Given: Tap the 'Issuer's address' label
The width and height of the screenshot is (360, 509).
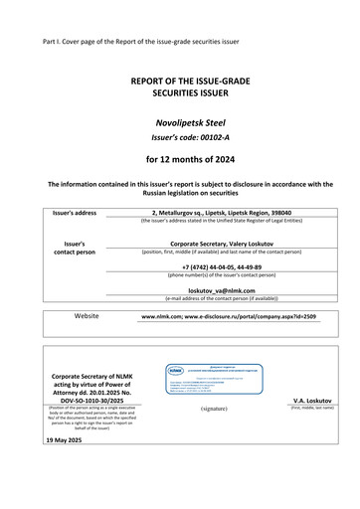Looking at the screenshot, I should coord(76,213).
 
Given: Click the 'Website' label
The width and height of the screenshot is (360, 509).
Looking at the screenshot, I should coord(87,316).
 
